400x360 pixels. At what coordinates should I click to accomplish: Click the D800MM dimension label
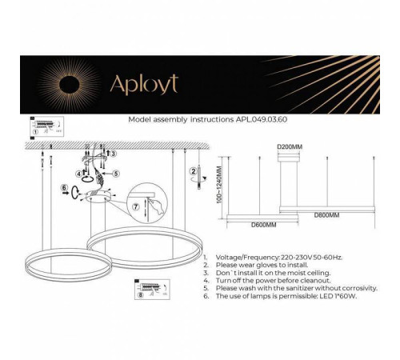tap(326, 215)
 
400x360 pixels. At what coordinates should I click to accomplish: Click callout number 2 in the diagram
tap(194, 171)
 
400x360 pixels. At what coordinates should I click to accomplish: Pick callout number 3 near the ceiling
tap(114, 153)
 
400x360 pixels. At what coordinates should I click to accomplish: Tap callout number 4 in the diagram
tap(78, 173)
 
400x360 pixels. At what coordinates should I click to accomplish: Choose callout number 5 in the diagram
tap(115, 173)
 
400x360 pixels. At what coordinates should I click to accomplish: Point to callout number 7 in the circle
tap(136, 206)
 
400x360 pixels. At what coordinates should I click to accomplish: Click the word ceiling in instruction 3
tap(314, 274)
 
